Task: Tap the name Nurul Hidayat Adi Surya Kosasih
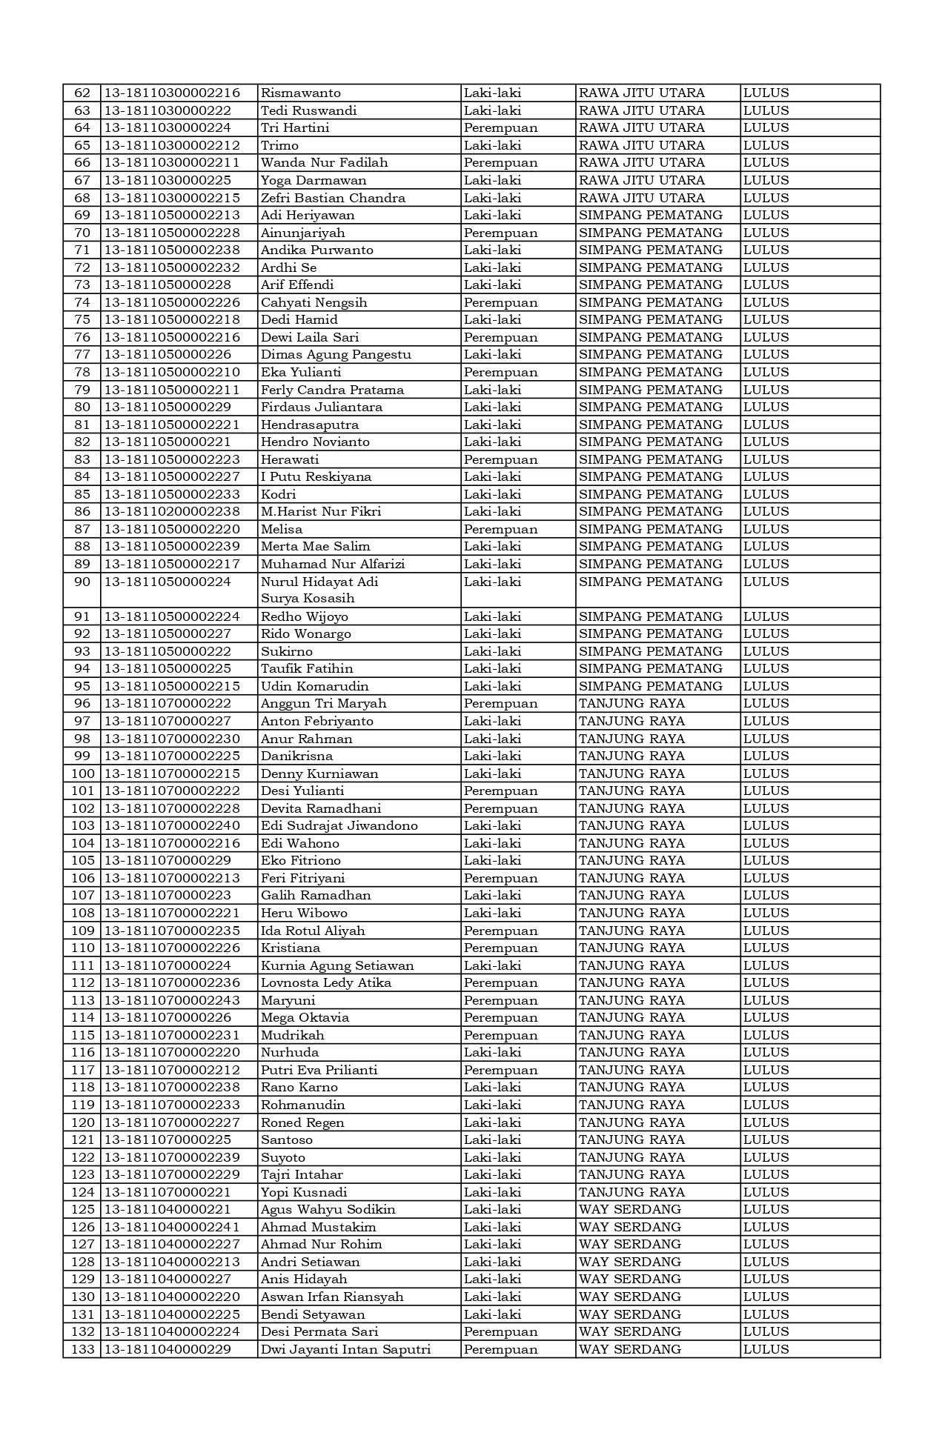pyautogui.click(x=319, y=590)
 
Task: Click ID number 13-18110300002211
pyautogui.click(x=172, y=163)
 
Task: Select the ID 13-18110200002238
pyautogui.click(x=172, y=512)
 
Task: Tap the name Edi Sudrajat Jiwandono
pyautogui.click(x=339, y=826)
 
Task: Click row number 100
pyautogui.click(x=83, y=774)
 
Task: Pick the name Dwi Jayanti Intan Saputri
pyautogui.click(x=345, y=1349)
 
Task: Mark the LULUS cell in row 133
pyautogui.click(x=766, y=1349)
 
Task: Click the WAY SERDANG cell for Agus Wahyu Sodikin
pyautogui.click(x=630, y=1210)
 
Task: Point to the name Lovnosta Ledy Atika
pyautogui.click(x=326, y=983)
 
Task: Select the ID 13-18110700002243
pyautogui.click(x=172, y=1001)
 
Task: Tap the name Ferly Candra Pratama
pyautogui.click(x=333, y=390)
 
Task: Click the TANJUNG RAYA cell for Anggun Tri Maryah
pyautogui.click(x=632, y=704)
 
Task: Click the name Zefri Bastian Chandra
pyautogui.click(x=334, y=199)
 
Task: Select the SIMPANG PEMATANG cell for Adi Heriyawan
pyautogui.click(x=651, y=216)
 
